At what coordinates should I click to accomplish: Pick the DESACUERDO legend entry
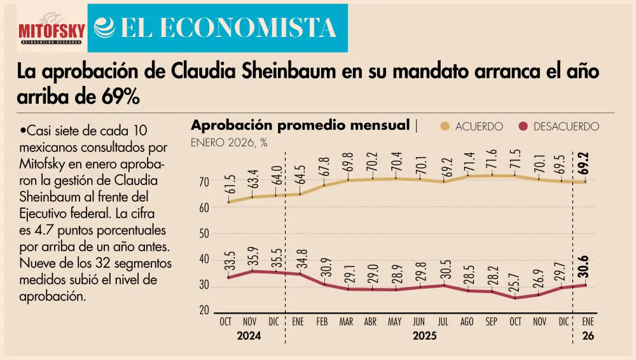point(559,127)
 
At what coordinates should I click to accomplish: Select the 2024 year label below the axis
point(249,336)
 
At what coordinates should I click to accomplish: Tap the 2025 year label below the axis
point(425,336)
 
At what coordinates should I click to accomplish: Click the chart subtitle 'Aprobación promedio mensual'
point(300,125)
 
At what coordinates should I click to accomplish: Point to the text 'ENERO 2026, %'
point(229,143)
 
